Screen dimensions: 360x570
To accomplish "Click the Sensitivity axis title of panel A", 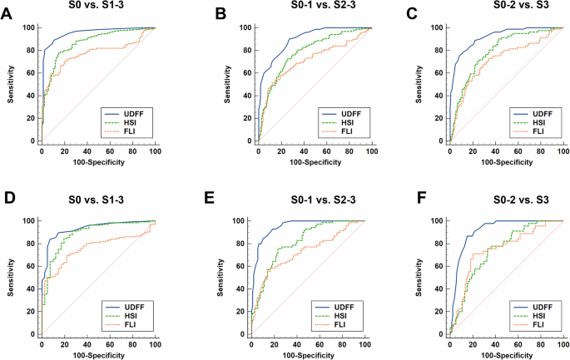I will (10, 84).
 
